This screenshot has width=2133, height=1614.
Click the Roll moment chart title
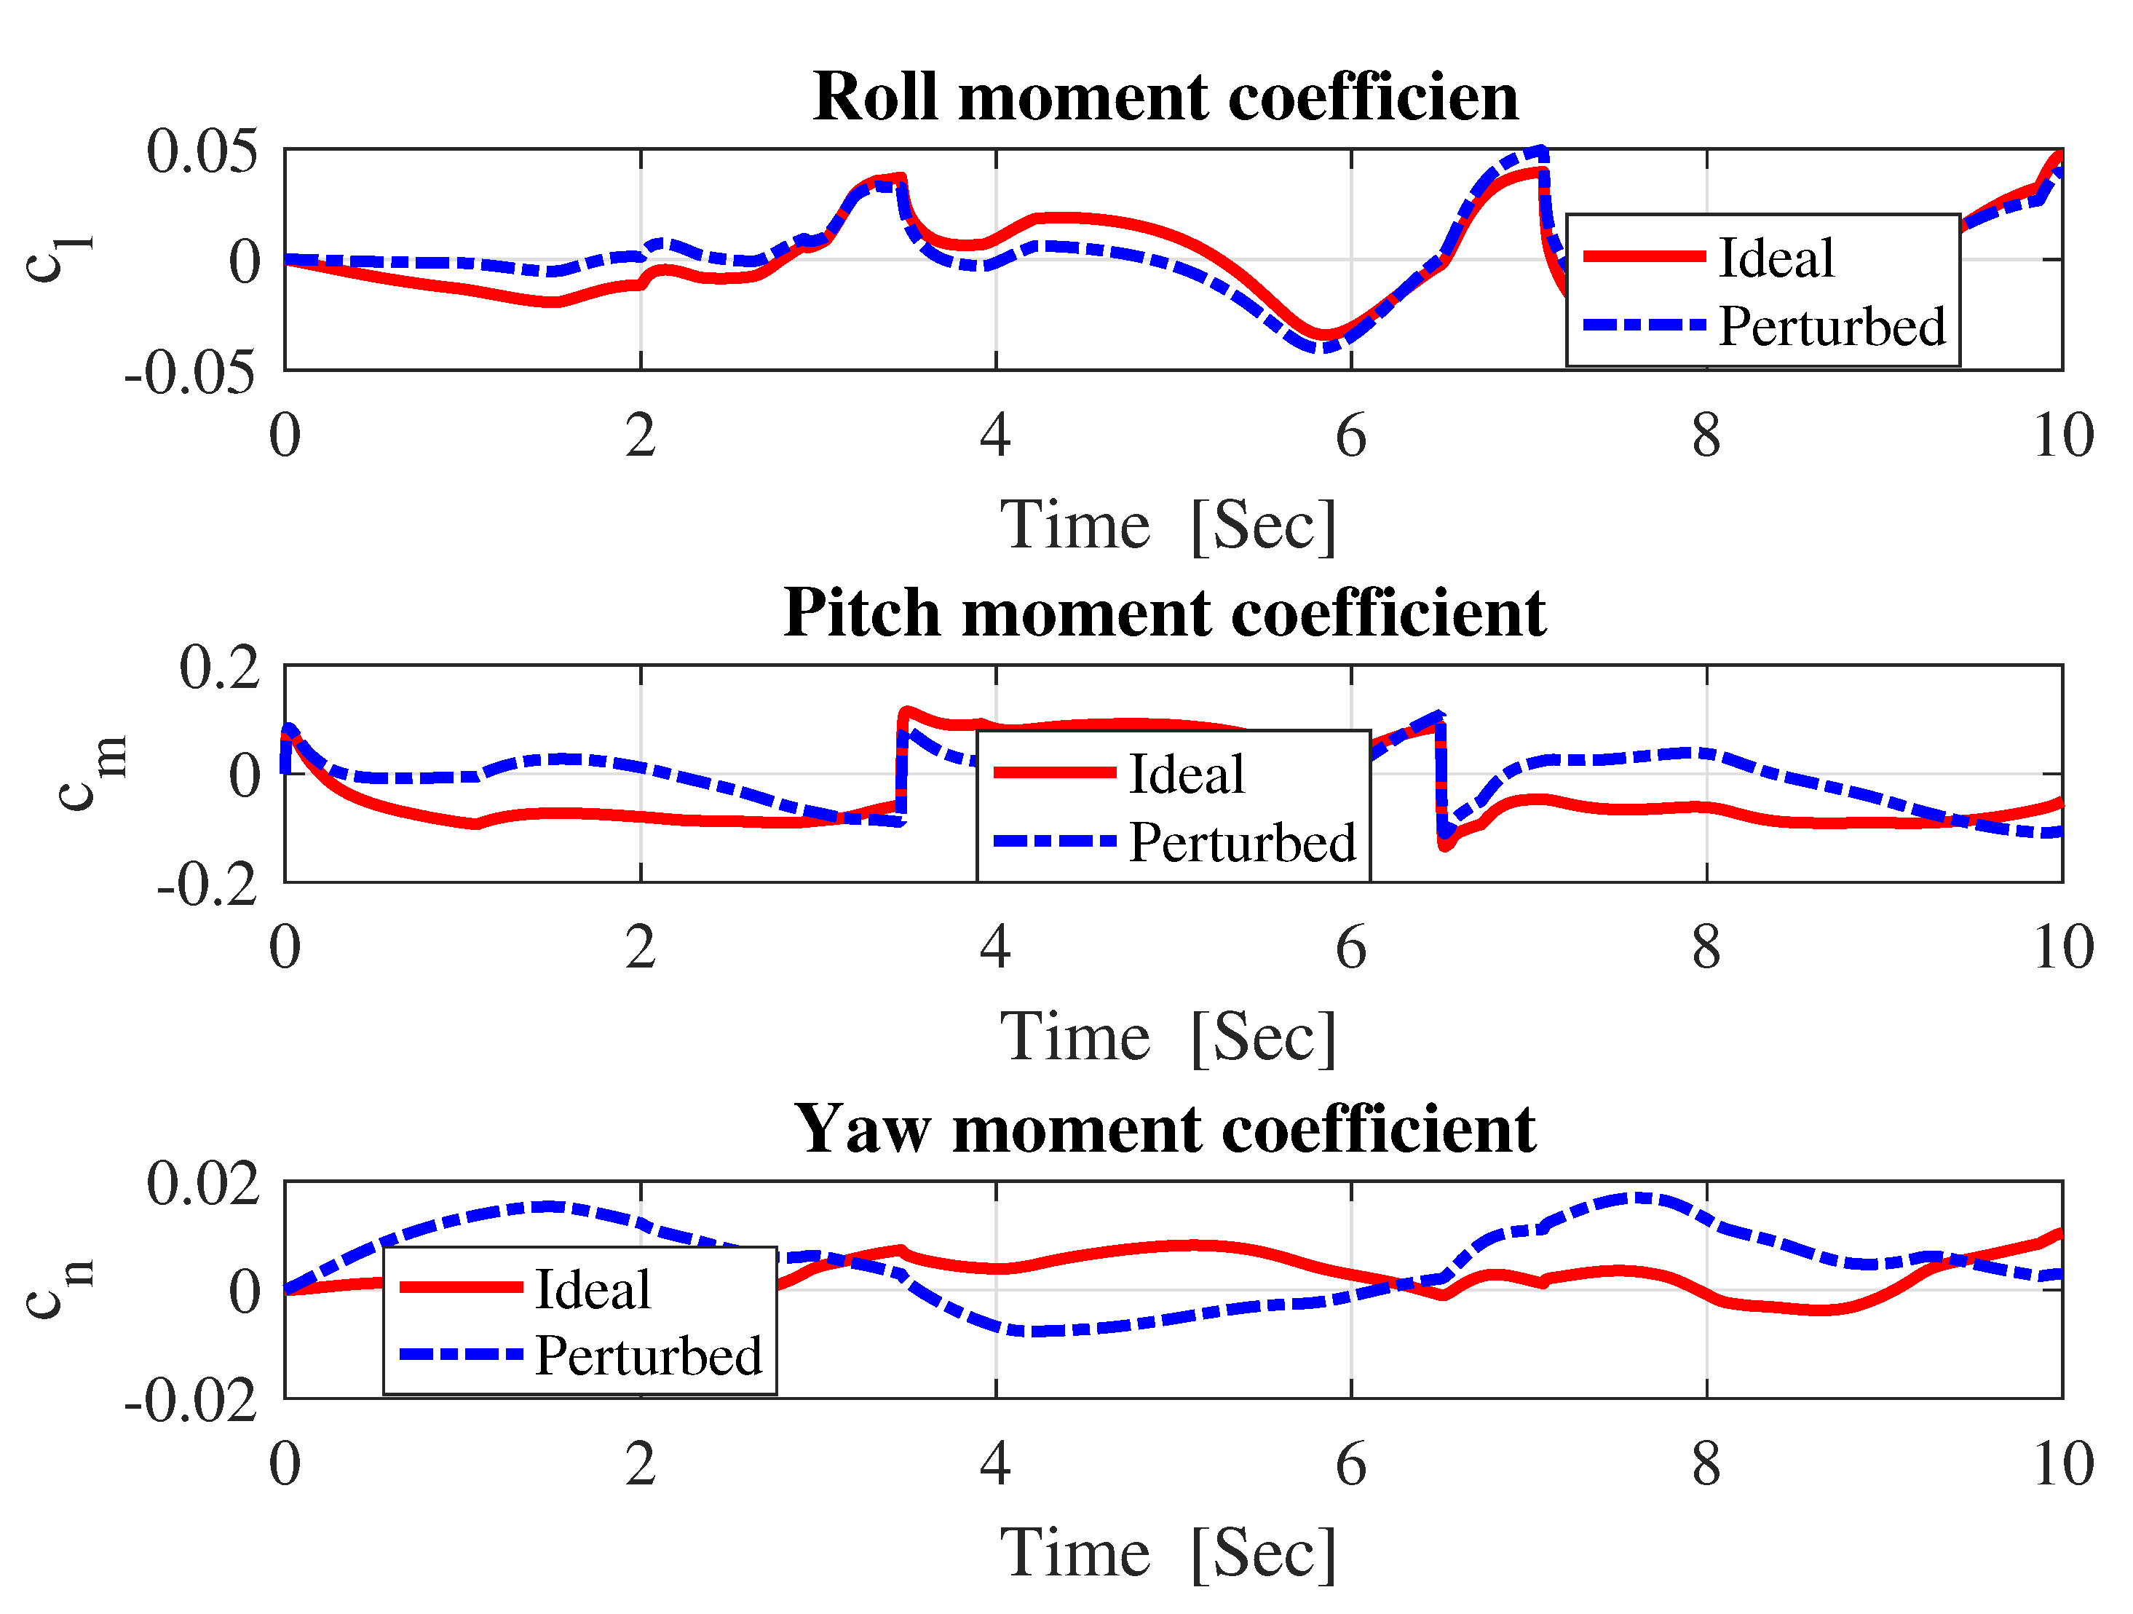click(1165, 98)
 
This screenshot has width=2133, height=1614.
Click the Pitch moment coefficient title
click(1165, 613)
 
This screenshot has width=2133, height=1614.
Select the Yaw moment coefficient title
click(1165, 1129)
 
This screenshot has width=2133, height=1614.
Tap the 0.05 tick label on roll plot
click(202, 151)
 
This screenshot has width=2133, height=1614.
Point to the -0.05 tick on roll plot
click(191, 372)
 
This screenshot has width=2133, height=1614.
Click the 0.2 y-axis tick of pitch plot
click(220, 667)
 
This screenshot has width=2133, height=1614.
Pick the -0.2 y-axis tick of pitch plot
click(207, 884)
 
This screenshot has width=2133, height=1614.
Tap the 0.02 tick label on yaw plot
click(202, 1183)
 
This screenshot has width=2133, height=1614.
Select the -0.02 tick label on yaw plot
click(191, 1400)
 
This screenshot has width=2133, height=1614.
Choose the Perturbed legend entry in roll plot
click(1831, 326)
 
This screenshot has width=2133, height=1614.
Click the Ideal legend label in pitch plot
click(1186, 773)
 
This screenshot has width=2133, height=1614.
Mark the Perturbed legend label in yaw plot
click(648, 1356)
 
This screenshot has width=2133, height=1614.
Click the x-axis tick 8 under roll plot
click(1706, 436)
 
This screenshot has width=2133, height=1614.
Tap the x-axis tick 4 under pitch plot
click(995, 947)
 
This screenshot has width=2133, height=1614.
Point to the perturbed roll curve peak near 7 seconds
click(1539, 152)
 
